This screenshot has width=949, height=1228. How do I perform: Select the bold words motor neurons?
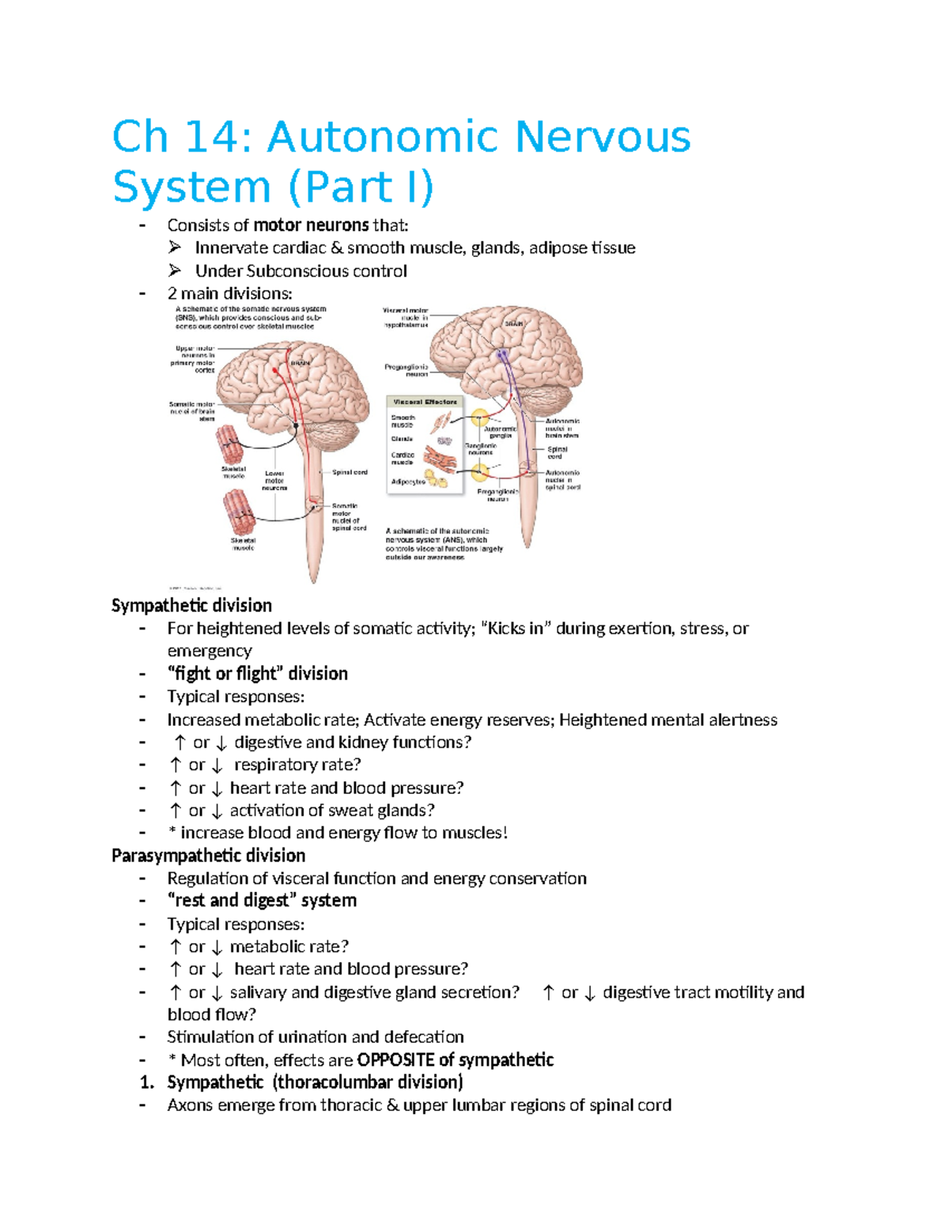point(311,225)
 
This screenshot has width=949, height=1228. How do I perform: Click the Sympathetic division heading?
point(191,606)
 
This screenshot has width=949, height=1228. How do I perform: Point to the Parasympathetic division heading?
point(208,856)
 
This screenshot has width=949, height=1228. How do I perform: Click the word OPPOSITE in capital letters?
point(395,1060)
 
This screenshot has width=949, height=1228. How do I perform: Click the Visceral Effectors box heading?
point(425,402)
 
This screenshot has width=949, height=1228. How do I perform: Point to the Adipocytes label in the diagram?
point(408,481)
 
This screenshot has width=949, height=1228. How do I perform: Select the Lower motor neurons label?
point(274,481)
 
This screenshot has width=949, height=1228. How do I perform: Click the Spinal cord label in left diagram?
point(350,472)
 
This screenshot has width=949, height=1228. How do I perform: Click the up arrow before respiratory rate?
point(176,765)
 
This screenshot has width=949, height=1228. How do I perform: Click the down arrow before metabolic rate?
point(217,947)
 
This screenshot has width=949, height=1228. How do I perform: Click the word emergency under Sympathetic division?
point(210,651)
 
